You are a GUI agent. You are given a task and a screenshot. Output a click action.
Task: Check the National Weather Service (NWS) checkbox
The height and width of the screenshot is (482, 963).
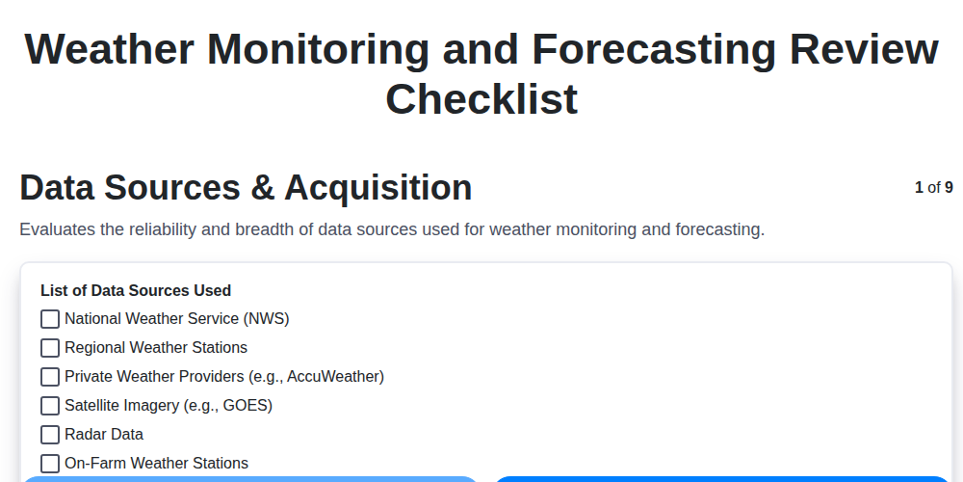tap(50, 319)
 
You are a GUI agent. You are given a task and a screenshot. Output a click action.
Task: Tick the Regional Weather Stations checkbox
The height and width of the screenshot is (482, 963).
tap(50, 348)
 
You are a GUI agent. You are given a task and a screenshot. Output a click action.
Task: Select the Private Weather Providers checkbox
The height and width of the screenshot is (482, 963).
tap(50, 377)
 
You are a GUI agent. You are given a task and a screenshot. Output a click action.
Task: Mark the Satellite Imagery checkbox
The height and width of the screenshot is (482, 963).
tap(50, 406)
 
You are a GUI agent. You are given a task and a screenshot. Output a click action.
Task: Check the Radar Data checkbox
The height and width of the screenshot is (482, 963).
tap(50, 435)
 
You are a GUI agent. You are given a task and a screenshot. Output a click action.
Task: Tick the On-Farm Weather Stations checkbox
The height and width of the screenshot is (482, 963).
tap(50, 464)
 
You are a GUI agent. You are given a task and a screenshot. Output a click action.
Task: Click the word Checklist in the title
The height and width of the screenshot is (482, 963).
tap(481, 99)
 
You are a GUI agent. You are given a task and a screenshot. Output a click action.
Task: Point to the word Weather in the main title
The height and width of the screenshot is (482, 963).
tap(116, 49)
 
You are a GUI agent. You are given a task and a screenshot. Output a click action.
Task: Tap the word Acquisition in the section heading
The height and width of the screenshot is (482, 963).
tap(378, 188)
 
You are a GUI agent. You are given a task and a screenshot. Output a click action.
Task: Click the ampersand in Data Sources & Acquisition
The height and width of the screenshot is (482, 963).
tap(262, 188)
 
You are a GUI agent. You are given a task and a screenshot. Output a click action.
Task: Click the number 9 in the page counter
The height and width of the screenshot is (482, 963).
tap(949, 188)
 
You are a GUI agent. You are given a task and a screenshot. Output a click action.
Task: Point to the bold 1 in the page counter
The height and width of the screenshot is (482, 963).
tap(919, 188)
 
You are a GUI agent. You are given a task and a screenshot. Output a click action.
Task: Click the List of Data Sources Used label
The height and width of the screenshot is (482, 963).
tap(136, 290)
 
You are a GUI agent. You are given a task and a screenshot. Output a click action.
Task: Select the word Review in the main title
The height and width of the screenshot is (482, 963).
tap(867, 49)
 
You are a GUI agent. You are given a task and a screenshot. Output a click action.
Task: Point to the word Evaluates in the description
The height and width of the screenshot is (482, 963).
tap(56, 230)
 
